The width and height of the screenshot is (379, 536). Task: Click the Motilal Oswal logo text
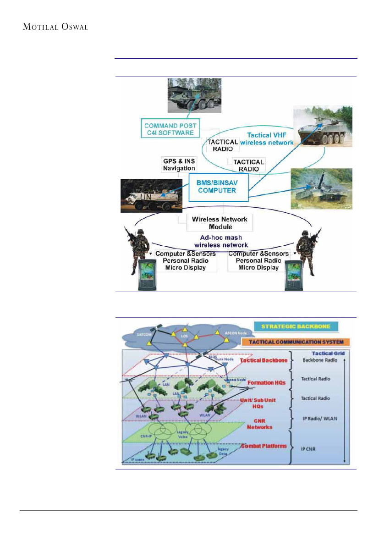(55, 27)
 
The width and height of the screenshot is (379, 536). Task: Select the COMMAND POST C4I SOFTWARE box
(170, 129)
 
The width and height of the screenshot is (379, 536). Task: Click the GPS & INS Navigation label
(179, 164)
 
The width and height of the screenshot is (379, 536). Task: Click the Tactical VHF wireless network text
(269, 138)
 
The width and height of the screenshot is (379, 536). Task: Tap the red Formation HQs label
(267, 382)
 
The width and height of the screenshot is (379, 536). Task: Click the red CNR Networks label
(260, 424)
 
